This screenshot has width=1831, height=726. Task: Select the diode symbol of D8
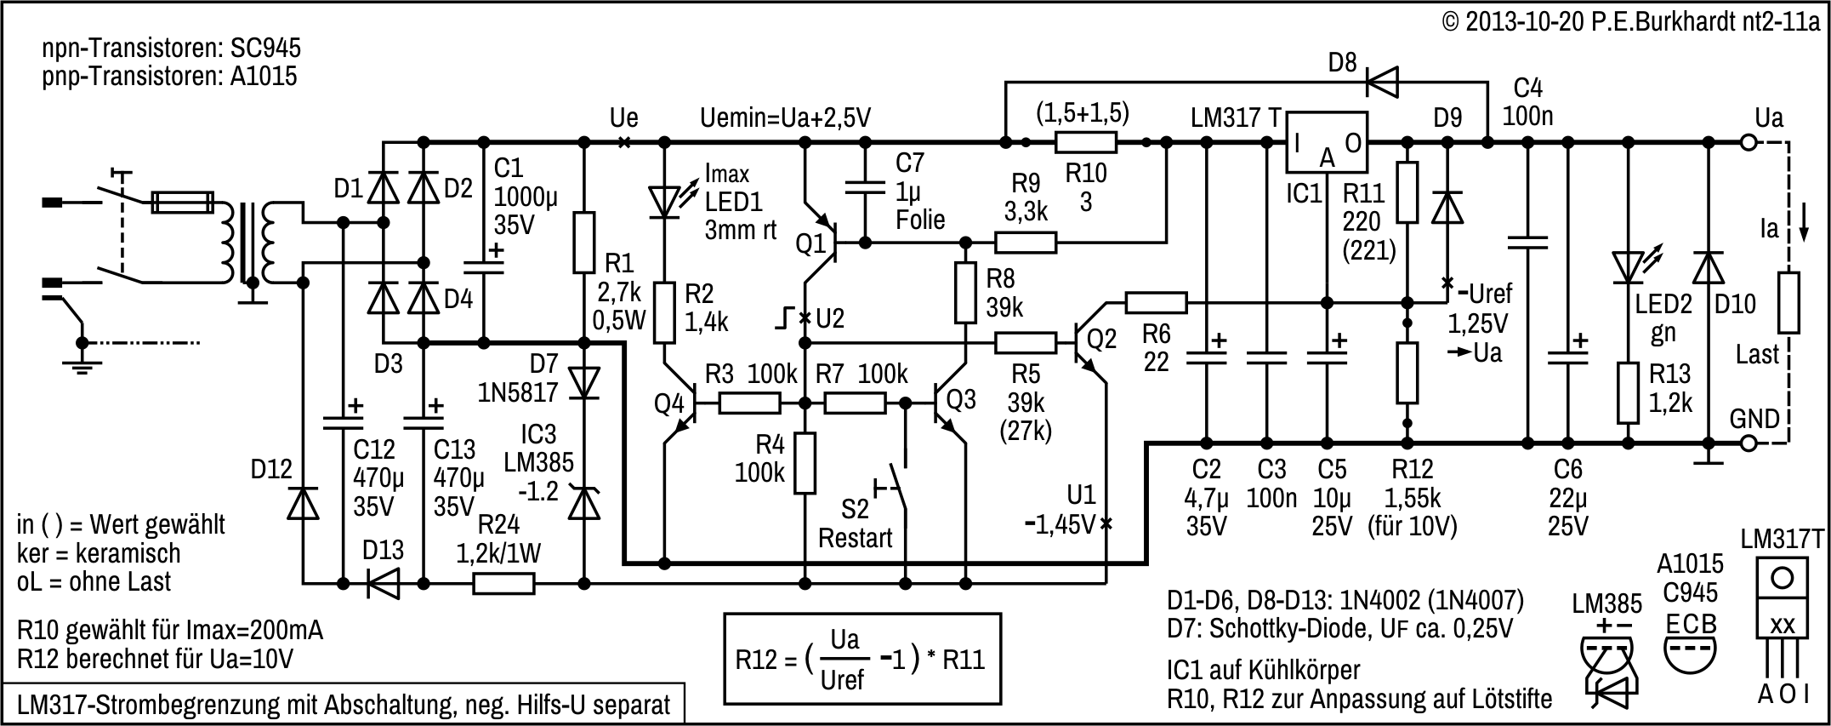click(x=1383, y=83)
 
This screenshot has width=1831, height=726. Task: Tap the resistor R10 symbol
click(x=1086, y=143)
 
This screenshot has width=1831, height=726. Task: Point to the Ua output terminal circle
click(x=1748, y=143)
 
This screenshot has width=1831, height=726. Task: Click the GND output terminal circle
click(x=1748, y=443)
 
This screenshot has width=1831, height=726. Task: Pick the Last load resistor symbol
click(x=1788, y=302)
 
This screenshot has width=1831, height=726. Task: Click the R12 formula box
click(x=862, y=659)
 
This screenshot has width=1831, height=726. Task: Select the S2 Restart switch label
click(x=855, y=523)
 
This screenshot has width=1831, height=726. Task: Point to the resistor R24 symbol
click(x=503, y=584)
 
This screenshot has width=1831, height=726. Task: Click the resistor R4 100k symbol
click(x=805, y=463)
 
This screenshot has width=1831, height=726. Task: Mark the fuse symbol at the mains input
click(x=181, y=203)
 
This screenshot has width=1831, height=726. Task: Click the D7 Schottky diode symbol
click(x=583, y=382)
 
